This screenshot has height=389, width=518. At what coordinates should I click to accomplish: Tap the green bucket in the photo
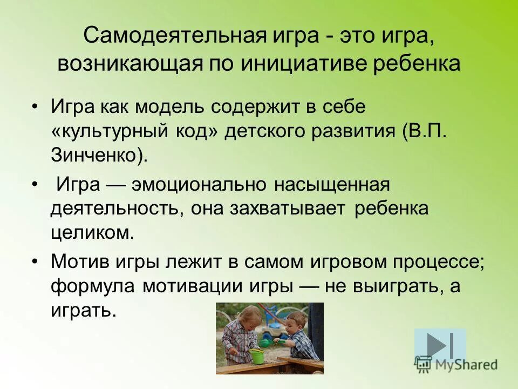[x=256, y=356]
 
